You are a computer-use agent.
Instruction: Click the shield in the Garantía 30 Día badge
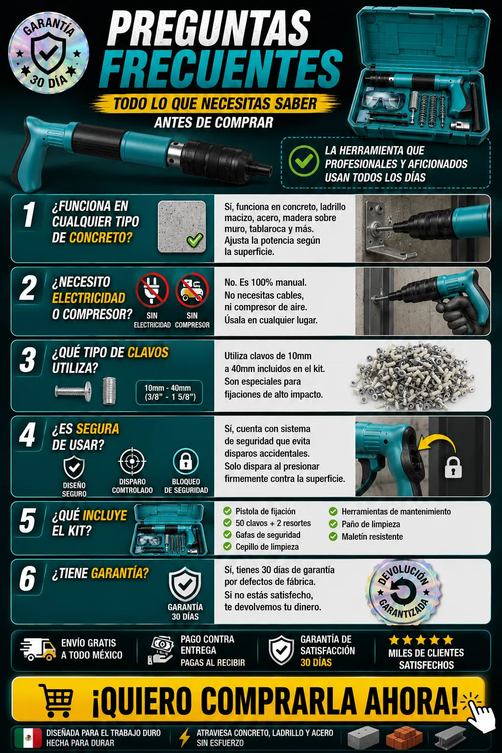coord(49,53)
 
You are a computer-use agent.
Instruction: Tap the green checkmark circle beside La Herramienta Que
coord(303,161)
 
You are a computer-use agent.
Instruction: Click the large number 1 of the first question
coord(29,214)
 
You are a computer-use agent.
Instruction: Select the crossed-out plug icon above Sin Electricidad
coord(152,290)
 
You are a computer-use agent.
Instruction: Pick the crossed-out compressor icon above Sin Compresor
coord(192,290)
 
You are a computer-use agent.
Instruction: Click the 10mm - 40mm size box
coord(170,392)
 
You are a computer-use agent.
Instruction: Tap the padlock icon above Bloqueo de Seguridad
coord(186,461)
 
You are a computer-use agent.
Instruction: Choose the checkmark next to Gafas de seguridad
coord(227,534)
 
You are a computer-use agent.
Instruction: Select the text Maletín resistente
coord(372,536)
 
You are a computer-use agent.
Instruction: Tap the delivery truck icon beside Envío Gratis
coord(38,649)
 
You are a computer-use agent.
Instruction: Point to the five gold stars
coord(420,639)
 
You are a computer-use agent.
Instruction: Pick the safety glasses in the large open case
coord(384,100)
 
